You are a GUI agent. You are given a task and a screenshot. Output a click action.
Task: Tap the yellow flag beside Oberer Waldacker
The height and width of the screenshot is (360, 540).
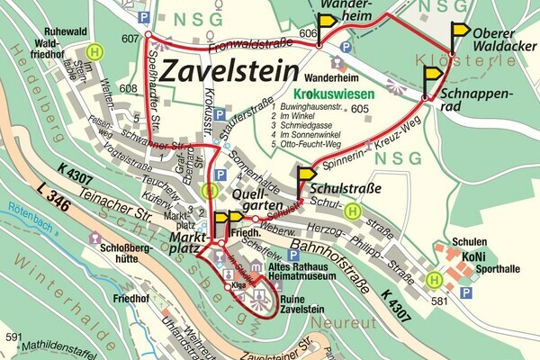click(x=460, y=32)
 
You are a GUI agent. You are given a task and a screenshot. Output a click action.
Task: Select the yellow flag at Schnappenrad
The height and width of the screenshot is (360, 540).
click(x=433, y=76)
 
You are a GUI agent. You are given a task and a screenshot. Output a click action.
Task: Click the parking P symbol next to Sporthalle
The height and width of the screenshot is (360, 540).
click(x=465, y=292)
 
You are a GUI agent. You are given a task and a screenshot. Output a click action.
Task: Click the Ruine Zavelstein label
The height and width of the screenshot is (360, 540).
click(x=301, y=303)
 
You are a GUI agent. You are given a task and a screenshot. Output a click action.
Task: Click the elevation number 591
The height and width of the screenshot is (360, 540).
click(x=13, y=337)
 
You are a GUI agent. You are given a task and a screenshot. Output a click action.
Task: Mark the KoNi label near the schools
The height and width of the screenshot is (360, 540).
click(x=473, y=256)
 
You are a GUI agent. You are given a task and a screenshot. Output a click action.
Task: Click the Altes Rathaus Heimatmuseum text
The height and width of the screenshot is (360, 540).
click(x=303, y=274)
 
